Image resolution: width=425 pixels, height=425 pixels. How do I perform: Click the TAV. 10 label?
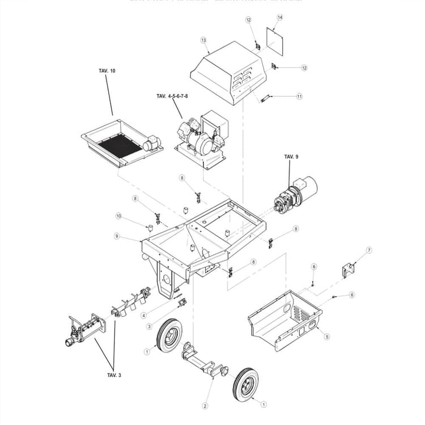(x=107, y=71)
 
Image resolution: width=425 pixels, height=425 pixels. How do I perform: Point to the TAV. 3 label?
(x=114, y=375)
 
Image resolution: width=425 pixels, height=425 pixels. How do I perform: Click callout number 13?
(x=203, y=40)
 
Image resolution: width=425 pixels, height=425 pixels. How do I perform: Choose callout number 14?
(x=279, y=18)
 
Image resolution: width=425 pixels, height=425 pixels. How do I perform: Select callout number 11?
(x=299, y=96)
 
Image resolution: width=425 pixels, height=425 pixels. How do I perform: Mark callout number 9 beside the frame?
(x=117, y=236)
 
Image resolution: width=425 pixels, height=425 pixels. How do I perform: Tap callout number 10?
(x=118, y=216)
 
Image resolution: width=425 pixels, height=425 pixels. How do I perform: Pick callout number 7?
(x=369, y=250)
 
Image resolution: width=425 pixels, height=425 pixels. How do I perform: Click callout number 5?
(x=326, y=336)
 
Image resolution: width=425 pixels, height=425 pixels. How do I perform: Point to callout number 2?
(x=205, y=406)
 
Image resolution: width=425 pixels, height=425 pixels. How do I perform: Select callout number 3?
(x=149, y=326)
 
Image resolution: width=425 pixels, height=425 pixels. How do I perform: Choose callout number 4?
(x=144, y=315)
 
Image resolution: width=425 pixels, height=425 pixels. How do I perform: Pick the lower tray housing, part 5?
(x=283, y=320)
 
